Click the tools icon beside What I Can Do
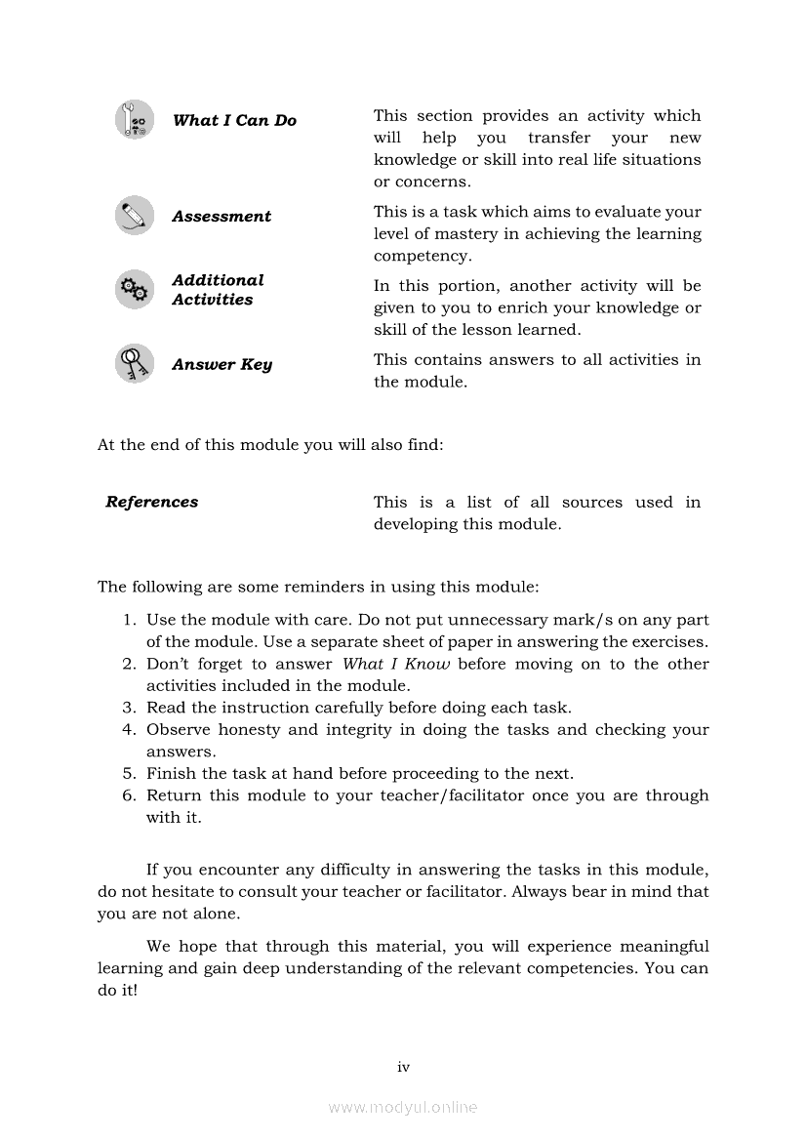click(x=134, y=120)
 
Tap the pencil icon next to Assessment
click(x=134, y=216)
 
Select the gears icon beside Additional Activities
click(x=134, y=289)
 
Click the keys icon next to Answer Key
click(x=134, y=363)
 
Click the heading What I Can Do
click(x=234, y=121)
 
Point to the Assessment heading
click(x=222, y=217)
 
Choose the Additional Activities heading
click(x=218, y=290)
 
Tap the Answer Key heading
click(x=222, y=365)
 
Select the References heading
click(x=151, y=503)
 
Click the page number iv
click(x=403, y=1068)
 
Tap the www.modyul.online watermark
click(x=403, y=1108)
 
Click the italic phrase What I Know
click(x=396, y=665)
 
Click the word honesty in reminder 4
click(x=249, y=730)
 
